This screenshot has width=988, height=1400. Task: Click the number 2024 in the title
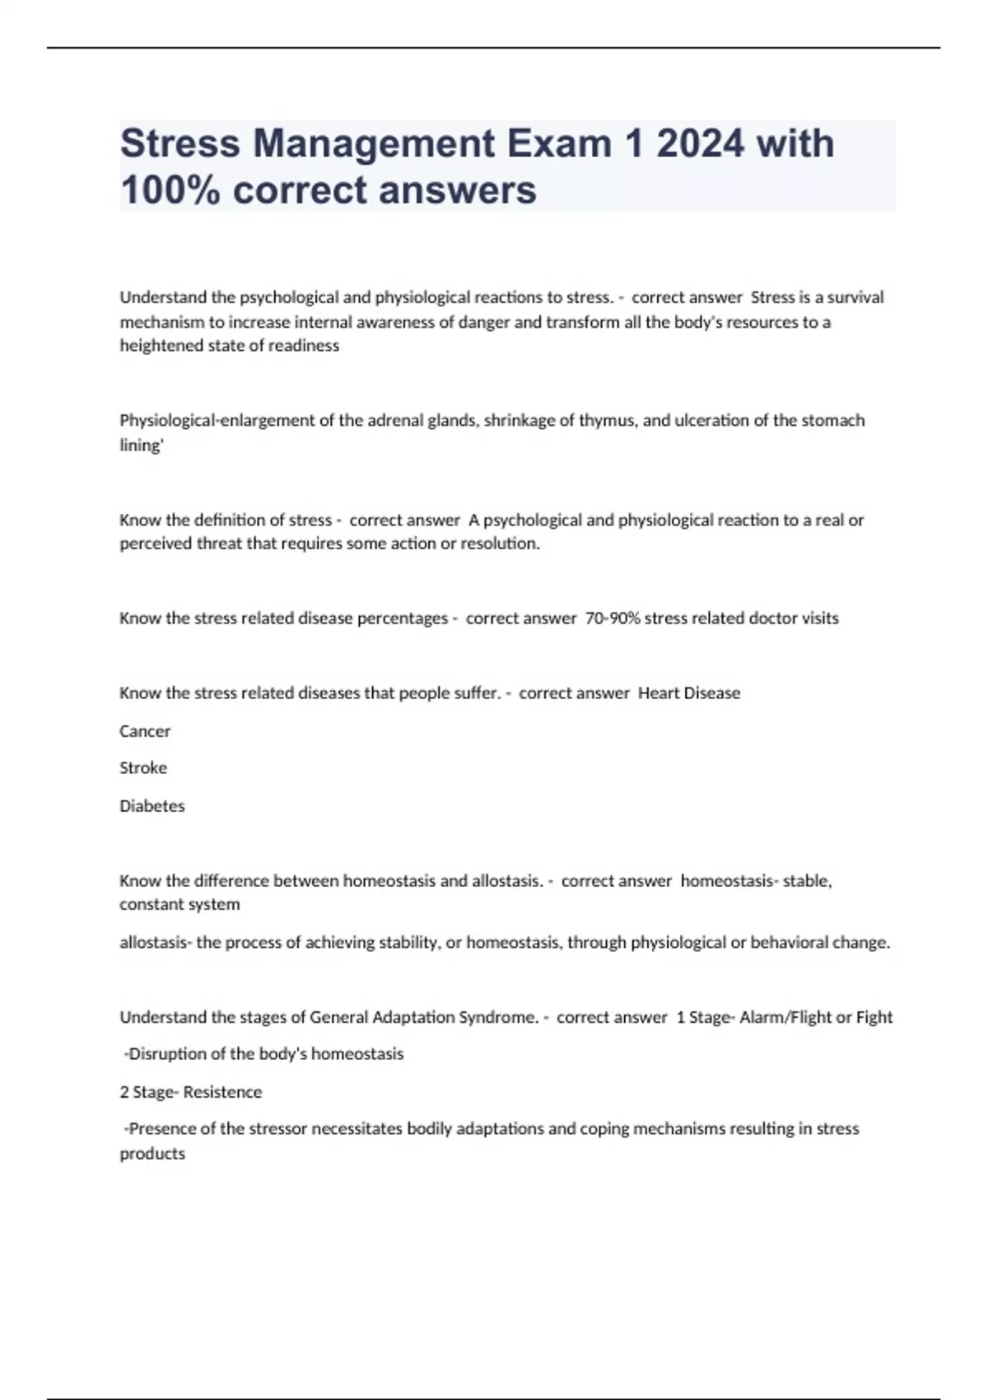point(700,143)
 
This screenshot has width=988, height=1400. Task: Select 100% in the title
point(170,190)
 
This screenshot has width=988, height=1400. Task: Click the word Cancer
point(145,730)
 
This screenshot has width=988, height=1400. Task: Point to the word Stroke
point(143,768)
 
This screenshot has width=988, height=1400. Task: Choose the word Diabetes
point(152,805)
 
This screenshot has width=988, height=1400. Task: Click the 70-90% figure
point(612,618)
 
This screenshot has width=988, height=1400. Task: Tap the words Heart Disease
point(689,693)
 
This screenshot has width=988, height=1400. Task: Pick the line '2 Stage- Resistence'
point(191,1092)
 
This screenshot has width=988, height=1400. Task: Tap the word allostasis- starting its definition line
point(156,942)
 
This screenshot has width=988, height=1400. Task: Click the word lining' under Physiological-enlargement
point(142,446)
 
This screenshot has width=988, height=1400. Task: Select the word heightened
point(160,346)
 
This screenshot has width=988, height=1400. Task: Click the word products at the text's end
point(152,1154)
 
